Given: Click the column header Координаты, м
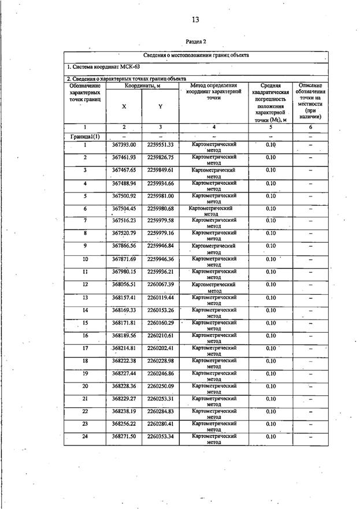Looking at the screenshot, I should coord(142,86).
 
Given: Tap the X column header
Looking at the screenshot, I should coord(124,106).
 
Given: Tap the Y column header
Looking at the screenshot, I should coord(160,106).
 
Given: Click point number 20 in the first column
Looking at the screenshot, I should coord(85,386).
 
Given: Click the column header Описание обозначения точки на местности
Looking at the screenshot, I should coord(310,101).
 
